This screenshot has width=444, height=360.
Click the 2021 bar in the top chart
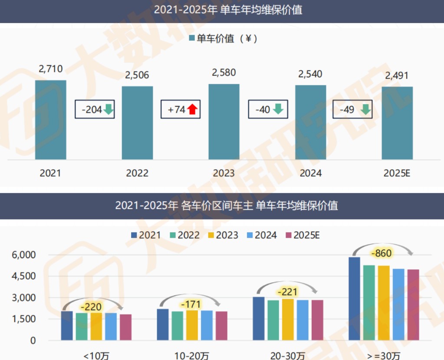(x=51, y=120)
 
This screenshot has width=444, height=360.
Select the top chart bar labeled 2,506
(x=137, y=123)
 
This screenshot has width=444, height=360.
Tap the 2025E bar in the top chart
(x=397, y=123)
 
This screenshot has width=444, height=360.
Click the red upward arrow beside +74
(x=193, y=109)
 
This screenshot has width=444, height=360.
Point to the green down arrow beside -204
(x=108, y=109)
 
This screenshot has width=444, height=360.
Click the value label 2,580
(x=224, y=72)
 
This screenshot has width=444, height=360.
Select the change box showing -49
(x=352, y=109)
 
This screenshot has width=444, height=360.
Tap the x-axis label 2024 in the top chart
(x=311, y=173)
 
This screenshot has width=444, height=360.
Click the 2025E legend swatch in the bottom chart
(x=288, y=235)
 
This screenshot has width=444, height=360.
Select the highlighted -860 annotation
(x=382, y=253)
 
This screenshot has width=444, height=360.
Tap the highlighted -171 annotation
(x=190, y=304)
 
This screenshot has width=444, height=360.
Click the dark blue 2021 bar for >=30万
(x=354, y=298)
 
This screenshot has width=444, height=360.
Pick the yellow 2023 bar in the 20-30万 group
(x=288, y=319)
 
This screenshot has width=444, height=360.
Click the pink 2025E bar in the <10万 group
(x=126, y=327)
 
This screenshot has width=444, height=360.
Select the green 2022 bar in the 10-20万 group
(x=178, y=325)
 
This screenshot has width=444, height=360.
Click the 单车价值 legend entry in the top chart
(x=223, y=39)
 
